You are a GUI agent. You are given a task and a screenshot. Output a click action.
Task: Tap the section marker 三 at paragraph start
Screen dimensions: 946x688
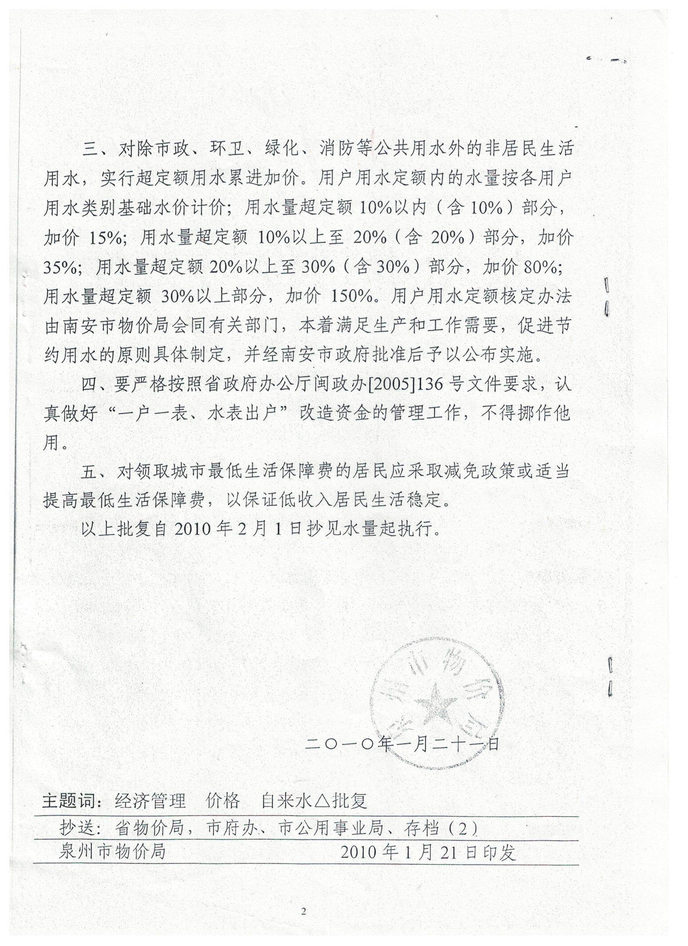(89, 149)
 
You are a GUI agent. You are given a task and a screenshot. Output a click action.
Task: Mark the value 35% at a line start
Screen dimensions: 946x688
(62, 267)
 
